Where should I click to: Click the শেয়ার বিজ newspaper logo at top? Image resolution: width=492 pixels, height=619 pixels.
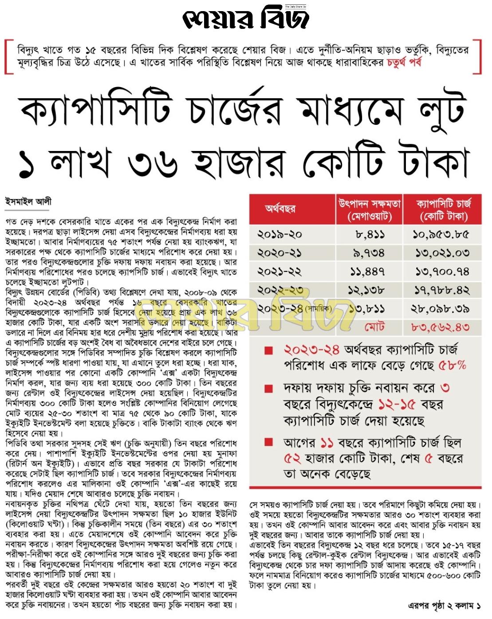pos(245,19)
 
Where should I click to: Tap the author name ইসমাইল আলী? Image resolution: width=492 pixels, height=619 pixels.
pos(28,202)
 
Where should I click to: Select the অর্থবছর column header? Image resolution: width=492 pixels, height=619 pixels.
pos(280,209)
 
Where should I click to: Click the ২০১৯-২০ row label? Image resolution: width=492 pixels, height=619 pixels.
pos(279,234)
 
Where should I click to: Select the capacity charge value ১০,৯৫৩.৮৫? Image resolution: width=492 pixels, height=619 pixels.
pos(441,234)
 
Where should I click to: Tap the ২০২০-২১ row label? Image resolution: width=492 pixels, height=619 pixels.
pos(279,253)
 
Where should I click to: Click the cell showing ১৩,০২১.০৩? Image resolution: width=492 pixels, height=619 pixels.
pos(442,253)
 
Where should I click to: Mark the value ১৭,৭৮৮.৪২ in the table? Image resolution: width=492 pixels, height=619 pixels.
pos(441,290)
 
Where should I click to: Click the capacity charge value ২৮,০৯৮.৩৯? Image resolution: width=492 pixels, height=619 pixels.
pos(441,309)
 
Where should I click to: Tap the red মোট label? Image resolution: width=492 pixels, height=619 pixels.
pos(374,327)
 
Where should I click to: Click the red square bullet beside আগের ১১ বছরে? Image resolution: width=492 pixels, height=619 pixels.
pos(268,442)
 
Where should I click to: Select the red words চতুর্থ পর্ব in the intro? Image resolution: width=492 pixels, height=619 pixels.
pos(404,62)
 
